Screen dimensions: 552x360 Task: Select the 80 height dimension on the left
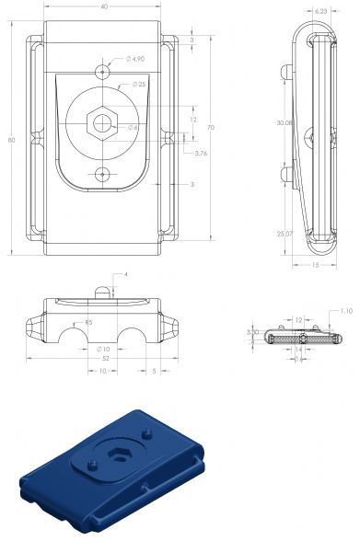pyautogui.click(x=11, y=140)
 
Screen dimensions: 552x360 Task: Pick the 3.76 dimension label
pyautogui.click(x=201, y=153)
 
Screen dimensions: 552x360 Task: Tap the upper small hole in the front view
pyautogui.click(x=102, y=71)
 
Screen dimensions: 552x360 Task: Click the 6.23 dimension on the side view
pyautogui.click(x=321, y=10)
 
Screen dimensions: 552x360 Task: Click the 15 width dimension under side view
pyautogui.click(x=316, y=265)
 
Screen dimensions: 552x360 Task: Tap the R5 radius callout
pyautogui.click(x=87, y=322)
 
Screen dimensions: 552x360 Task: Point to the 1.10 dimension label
pyautogui.click(x=345, y=311)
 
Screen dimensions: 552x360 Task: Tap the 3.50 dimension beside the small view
pyautogui.click(x=250, y=332)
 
